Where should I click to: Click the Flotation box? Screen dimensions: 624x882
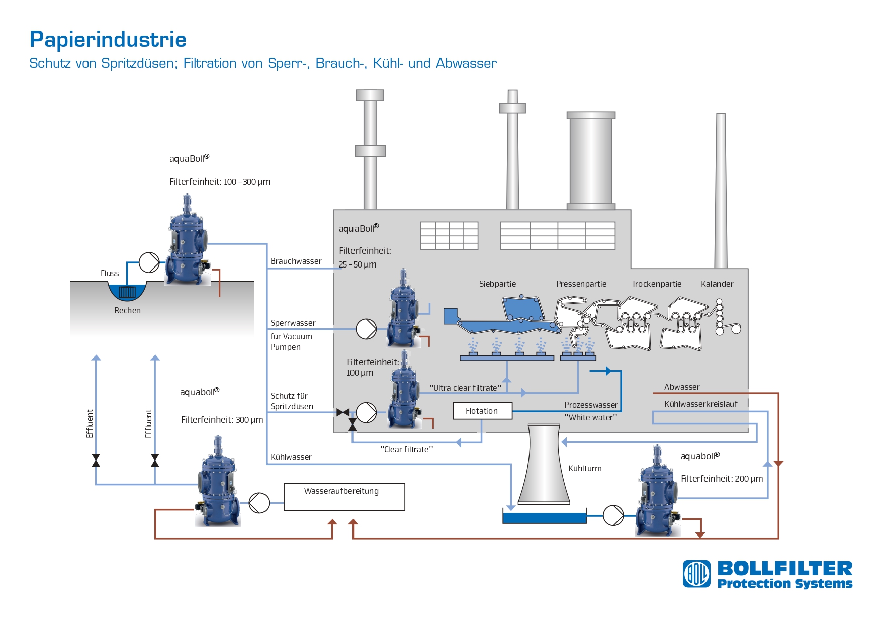point(482,411)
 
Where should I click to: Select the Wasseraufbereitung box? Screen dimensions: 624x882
point(344,497)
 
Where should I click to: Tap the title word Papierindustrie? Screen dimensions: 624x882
point(108,39)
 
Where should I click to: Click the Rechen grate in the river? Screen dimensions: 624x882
point(127,292)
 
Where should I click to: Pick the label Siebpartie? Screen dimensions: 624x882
point(497,284)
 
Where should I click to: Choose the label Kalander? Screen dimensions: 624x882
point(717,284)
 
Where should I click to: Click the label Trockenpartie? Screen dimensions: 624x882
point(656,284)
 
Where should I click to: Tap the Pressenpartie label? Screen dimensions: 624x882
point(581,284)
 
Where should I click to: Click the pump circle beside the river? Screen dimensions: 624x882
point(149,262)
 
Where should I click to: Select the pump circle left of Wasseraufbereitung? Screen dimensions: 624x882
point(259,502)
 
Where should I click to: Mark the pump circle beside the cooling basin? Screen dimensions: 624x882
point(613,515)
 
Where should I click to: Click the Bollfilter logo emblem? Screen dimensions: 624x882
point(696,574)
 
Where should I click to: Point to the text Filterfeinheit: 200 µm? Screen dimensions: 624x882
point(722,479)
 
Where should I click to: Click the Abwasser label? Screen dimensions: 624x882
point(681,387)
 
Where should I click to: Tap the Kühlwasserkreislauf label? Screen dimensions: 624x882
point(700,404)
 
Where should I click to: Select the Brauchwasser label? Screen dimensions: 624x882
point(296,261)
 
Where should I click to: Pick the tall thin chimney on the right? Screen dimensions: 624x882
point(721,191)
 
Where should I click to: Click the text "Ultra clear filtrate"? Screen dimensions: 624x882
point(465,388)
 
